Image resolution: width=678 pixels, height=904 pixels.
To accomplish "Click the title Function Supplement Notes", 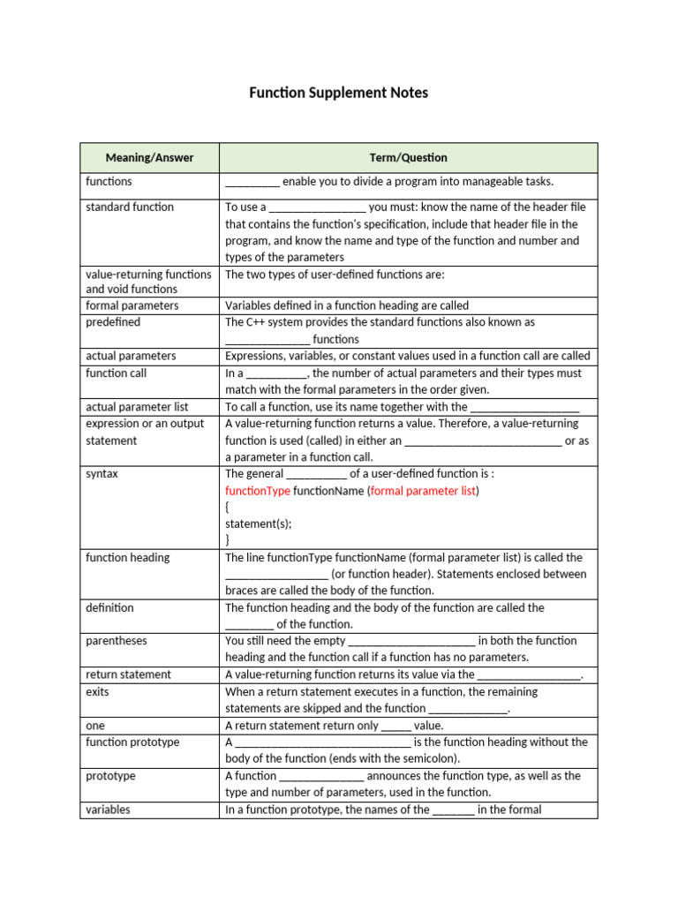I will point(339,93).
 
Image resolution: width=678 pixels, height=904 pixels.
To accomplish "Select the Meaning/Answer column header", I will point(149,158).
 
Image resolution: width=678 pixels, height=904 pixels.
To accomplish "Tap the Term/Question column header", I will point(408,158).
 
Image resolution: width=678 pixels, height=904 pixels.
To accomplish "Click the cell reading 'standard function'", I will point(130,207).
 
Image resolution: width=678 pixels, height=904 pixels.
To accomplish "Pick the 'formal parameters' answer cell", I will point(132,305).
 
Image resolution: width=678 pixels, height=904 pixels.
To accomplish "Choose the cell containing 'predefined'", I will point(113,322).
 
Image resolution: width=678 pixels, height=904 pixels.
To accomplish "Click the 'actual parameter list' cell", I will point(137,407).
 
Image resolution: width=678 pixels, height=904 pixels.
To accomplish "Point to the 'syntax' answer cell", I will point(102,474).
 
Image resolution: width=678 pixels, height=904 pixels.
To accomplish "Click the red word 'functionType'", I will point(258,491).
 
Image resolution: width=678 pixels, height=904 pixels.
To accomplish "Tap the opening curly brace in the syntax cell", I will point(228,508).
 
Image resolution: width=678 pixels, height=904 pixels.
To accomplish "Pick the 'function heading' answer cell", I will point(128,558).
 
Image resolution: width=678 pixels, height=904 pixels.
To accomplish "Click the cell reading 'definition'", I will point(109,608).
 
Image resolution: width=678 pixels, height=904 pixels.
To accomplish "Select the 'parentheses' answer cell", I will point(117,641).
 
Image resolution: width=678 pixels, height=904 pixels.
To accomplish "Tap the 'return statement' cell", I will point(128,674).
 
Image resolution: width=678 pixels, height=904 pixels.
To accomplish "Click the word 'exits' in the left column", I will point(98,692).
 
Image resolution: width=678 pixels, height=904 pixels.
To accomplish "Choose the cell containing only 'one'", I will point(95,726).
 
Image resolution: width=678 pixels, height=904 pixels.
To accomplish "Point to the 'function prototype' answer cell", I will point(132,742).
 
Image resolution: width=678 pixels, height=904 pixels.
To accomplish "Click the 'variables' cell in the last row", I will point(108,810).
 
